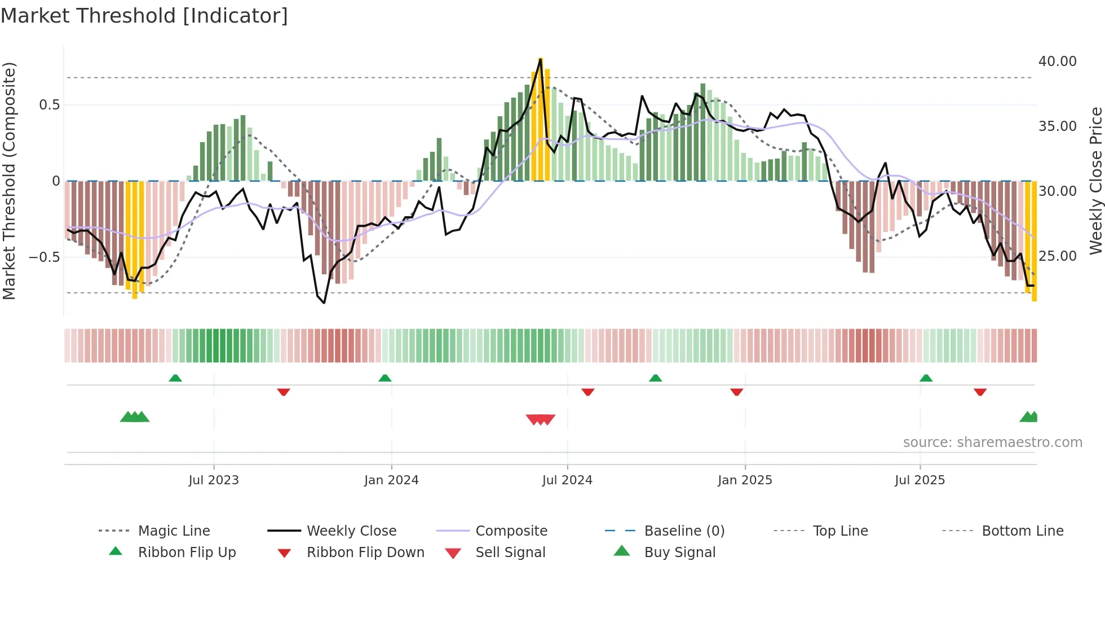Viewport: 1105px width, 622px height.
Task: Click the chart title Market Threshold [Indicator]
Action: tap(144, 16)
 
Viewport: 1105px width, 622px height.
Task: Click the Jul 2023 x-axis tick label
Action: tap(214, 480)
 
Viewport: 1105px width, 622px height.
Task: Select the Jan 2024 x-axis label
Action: tap(391, 480)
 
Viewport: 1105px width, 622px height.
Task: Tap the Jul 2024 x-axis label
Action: tap(567, 480)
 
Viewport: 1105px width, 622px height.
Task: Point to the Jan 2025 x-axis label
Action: tap(745, 480)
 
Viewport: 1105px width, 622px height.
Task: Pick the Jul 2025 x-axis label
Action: tap(920, 480)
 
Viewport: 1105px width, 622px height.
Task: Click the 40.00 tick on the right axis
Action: tap(1057, 62)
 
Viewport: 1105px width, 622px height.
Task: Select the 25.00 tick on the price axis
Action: tap(1057, 256)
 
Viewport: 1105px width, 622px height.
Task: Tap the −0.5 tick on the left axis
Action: tap(45, 257)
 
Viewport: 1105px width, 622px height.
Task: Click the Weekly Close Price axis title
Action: tap(1095, 181)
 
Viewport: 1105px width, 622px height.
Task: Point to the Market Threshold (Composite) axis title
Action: tap(9, 181)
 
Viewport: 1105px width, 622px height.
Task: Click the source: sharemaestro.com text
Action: tap(992, 443)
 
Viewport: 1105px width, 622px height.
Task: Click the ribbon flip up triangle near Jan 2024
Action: tap(385, 378)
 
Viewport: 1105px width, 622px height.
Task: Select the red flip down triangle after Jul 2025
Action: tap(980, 392)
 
